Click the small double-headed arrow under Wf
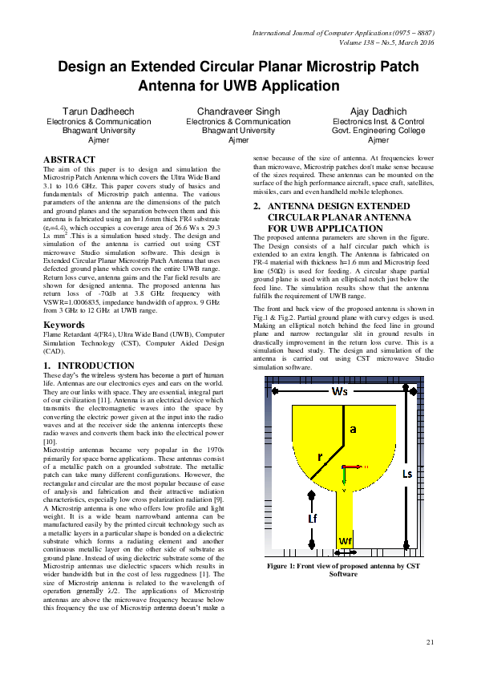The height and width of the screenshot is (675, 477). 346,551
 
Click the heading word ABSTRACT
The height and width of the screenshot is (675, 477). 69,160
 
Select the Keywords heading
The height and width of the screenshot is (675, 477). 64,325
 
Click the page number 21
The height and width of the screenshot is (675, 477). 430,641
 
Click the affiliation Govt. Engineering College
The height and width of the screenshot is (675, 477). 378,131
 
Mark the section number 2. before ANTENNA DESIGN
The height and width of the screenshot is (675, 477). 257,206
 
